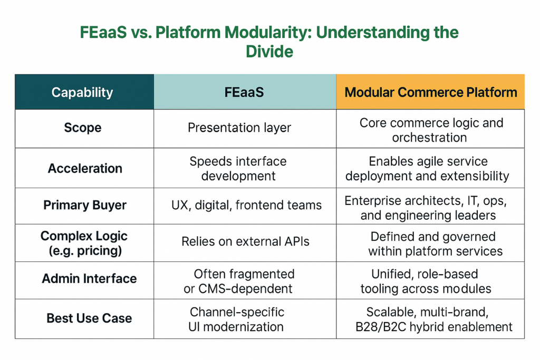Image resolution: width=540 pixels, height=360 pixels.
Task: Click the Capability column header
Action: coord(82,92)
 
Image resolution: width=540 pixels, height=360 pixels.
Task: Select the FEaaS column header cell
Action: coord(244,92)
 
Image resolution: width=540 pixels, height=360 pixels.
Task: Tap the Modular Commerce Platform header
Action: coord(431,92)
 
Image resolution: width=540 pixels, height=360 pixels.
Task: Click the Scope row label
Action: coord(83,128)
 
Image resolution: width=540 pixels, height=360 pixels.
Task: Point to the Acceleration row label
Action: coord(85,168)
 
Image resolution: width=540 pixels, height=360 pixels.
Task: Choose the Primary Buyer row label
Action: coord(85,205)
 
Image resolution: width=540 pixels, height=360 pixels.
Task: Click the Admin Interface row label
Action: coord(89,278)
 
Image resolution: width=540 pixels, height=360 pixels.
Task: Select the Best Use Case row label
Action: coord(89,318)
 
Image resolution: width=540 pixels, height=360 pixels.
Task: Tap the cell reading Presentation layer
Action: coord(239,128)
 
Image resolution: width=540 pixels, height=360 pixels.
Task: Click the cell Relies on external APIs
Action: coord(245,241)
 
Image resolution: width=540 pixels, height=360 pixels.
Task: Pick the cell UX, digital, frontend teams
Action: coord(247,205)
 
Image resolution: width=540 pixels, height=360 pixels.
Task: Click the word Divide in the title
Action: coord(269,52)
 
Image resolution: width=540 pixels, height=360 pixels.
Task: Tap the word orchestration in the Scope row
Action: coord(429,138)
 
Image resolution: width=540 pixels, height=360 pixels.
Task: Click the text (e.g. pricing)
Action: coord(85,250)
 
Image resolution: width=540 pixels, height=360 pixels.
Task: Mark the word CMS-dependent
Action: coord(245,288)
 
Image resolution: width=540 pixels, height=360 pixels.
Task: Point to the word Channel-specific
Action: coord(237,312)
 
